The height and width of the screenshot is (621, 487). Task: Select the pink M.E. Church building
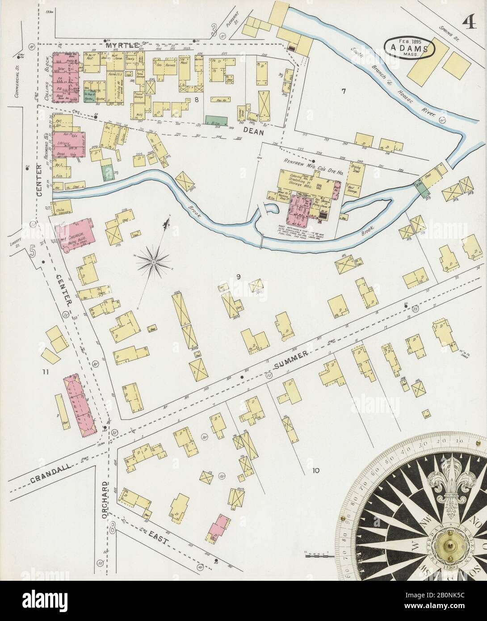[x=75, y=233]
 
